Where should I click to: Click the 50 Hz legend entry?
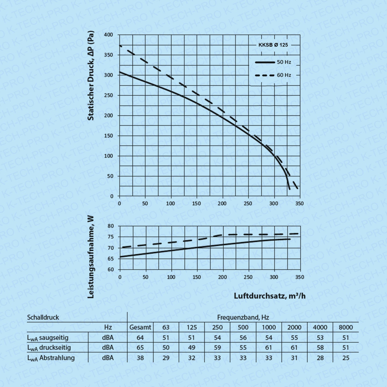[284, 62]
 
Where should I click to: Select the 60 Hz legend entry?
[284, 75]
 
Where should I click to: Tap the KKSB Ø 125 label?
[273, 45]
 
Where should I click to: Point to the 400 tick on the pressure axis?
[109, 35]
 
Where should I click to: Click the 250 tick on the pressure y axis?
[109, 95]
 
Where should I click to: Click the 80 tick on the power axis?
[111, 226]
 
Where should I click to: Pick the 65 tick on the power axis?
[111, 259]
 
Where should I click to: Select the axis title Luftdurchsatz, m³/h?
[270, 296]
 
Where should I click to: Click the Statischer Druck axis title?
[91, 76]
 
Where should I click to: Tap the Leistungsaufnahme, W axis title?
[91, 257]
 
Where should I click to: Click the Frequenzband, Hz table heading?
[243, 317]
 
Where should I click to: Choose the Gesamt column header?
[140, 327]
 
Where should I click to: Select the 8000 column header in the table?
[346, 327]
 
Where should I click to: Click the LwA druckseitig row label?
[49, 348]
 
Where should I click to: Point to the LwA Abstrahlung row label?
[51, 358]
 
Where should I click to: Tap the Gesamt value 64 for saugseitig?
[140, 338]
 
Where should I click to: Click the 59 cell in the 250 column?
[217, 348]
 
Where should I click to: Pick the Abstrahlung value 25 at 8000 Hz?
[346, 358]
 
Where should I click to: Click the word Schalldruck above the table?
[43, 317]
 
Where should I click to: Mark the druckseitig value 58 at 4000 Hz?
[320, 348]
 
